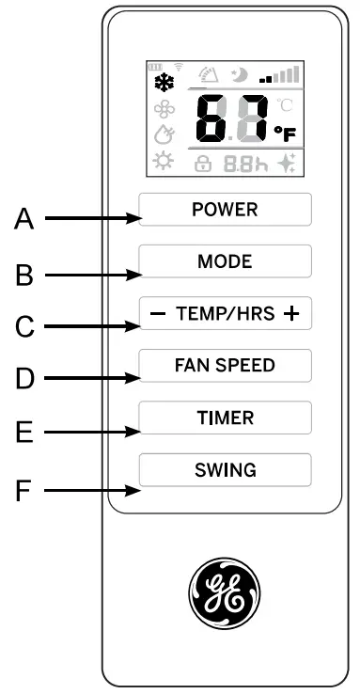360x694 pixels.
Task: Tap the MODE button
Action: click(x=225, y=260)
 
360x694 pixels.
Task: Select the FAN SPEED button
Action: click(x=225, y=365)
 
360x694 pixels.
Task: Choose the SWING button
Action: click(x=225, y=469)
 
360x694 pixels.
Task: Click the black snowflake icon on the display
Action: click(x=163, y=80)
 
